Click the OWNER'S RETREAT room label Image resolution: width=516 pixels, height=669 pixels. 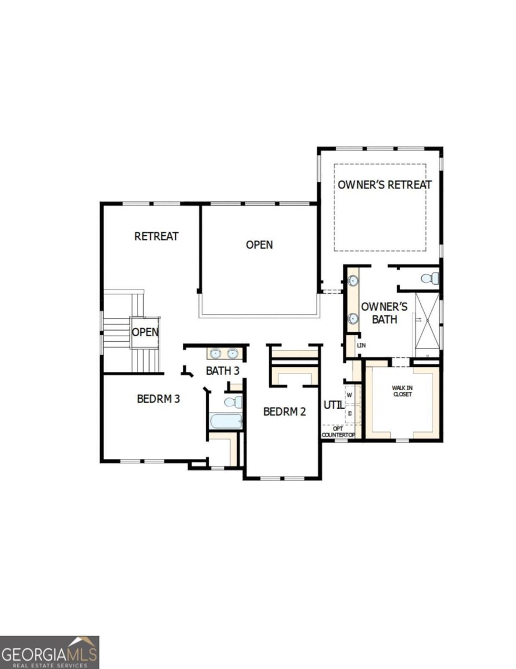[x=385, y=185]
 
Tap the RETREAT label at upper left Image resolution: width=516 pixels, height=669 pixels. [x=156, y=236]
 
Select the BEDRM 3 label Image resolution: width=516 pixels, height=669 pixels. [x=158, y=399]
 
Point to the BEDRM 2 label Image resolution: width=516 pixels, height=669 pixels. [x=284, y=412]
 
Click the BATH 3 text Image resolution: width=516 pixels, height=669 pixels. [x=223, y=370]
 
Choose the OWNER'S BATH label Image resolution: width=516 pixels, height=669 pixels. [x=384, y=313]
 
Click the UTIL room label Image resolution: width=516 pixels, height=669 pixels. [x=333, y=405]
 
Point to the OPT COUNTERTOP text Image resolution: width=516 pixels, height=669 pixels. [x=338, y=432]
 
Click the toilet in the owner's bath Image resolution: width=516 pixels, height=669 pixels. [x=429, y=278]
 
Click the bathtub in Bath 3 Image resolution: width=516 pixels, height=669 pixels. [x=226, y=420]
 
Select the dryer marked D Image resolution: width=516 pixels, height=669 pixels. [x=350, y=414]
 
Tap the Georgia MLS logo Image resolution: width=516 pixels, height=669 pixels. [x=50, y=652]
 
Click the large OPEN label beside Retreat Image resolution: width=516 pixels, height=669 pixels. [x=259, y=245]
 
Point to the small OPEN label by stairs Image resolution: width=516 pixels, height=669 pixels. [x=145, y=332]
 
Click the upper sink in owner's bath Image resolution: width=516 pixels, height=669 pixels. [x=353, y=281]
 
